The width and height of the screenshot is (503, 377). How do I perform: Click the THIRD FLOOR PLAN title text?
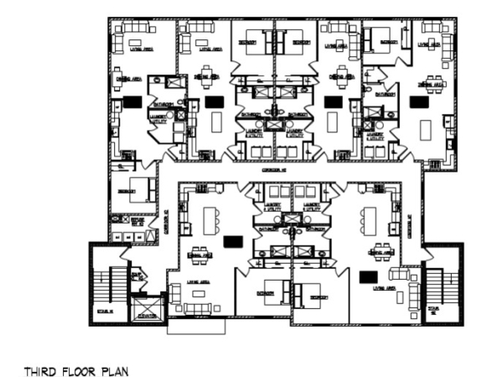tap(76, 370)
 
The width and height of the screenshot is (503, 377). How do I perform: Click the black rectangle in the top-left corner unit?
tap(132, 101)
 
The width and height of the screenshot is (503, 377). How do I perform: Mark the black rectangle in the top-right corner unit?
tap(417, 101)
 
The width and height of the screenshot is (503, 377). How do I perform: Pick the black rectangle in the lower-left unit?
tap(233, 241)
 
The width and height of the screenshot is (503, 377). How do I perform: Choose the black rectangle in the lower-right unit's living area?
tap(367, 276)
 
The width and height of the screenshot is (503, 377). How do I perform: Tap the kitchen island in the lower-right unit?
tap(370, 219)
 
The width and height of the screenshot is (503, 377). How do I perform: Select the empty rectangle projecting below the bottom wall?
tap(196, 327)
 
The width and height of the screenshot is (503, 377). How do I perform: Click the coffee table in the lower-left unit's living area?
tap(199, 294)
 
